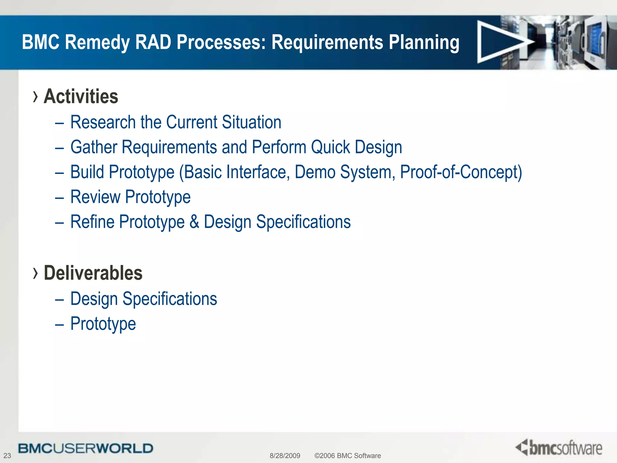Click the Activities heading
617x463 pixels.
[81, 96]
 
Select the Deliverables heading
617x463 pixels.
[93, 273]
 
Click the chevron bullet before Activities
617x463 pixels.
[36, 97]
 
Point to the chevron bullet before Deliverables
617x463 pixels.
[36, 273]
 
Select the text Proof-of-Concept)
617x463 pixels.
[461, 172]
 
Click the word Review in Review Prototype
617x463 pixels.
[95, 197]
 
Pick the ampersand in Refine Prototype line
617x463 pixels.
[194, 222]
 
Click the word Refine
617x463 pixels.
[92, 222]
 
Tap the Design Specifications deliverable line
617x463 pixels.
[143, 299]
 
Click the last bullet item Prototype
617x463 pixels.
[103, 324]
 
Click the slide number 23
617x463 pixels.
[7, 455]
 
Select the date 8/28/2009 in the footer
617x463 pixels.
[285, 455]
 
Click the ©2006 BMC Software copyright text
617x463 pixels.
[347, 455]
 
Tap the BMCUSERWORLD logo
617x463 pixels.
[86, 448]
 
